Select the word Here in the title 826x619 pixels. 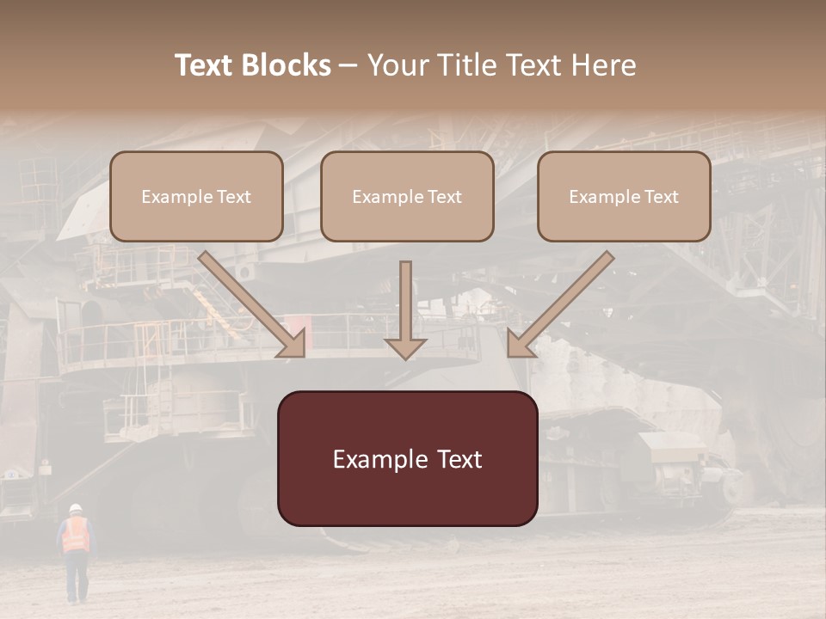(601, 65)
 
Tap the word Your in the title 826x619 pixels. (391, 65)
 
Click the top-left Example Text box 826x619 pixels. (196, 197)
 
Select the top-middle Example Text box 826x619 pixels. (407, 197)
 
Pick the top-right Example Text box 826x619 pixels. (624, 197)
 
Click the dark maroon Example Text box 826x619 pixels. (407, 459)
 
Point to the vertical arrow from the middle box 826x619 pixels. (405, 309)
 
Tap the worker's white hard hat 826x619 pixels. (76, 508)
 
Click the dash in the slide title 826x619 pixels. (348, 65)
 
